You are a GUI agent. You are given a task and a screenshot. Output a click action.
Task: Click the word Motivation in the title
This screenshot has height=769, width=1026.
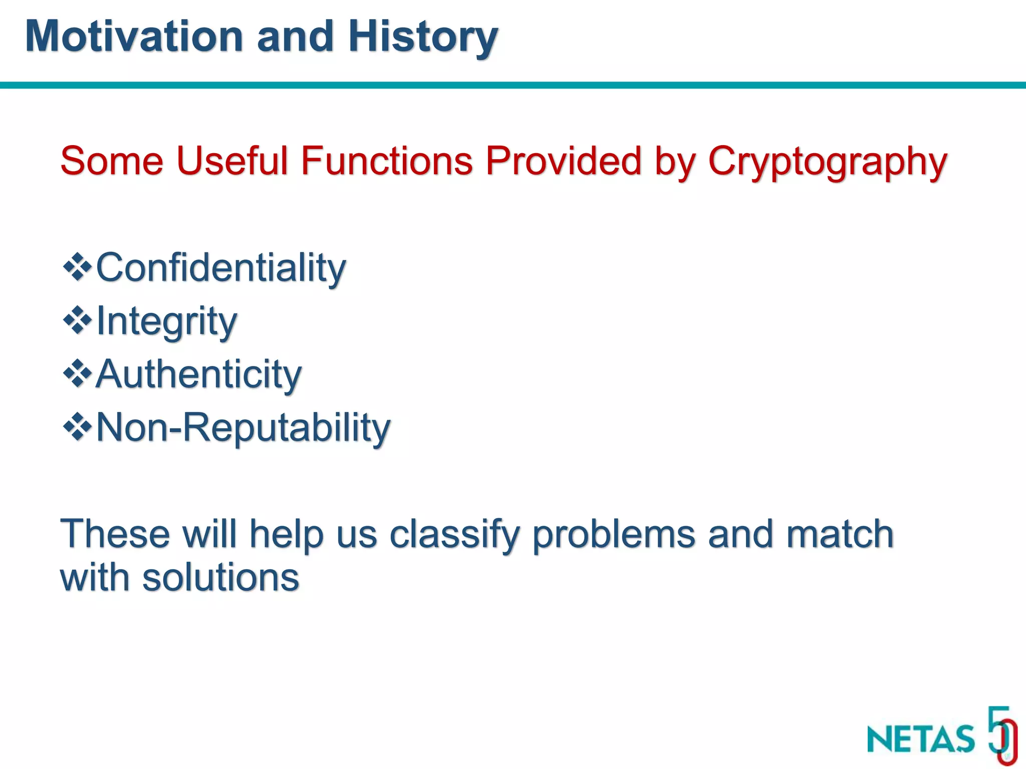pyautogui.click(x=134, y=36)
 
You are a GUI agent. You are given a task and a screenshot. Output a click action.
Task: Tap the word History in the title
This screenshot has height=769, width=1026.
pyautogui.click(x=422, y=36)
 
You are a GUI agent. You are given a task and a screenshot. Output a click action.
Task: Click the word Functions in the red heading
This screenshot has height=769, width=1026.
pyautogui.click(x=386, y=161)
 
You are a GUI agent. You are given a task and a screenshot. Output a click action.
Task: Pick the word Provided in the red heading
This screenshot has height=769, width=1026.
pyautogui.click(x=563, y=161)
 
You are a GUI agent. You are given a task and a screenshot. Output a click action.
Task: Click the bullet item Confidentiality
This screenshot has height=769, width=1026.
pyautogui.click(x=220, y=267)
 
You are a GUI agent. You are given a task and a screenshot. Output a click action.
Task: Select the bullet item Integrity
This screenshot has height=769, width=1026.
pyautogui.click(x=166, y=321)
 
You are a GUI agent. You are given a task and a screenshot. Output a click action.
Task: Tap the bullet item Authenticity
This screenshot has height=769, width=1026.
pyautogui.click(x=198, y=374)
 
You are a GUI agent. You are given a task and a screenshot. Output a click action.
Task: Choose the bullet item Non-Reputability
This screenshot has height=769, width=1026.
pyautogui.click(x=243, y=428)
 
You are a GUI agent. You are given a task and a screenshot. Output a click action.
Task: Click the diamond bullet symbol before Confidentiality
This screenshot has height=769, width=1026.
pyautogui.click(x=77, y=267)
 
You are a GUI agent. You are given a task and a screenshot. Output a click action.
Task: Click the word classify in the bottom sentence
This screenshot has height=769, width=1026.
pyautogui.click(x=454, y=535)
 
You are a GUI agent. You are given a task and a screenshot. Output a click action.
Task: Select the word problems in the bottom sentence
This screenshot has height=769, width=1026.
pyautogui.click(x=613, y=535)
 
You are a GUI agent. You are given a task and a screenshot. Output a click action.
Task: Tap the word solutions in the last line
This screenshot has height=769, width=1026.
pyautogui.click(x=220, y=578)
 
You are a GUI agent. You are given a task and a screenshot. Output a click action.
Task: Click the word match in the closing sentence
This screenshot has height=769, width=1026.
pyautogui.click(x=840, y=534)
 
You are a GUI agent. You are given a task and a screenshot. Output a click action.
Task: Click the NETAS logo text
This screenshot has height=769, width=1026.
pyautogui.click(x=921, y=738)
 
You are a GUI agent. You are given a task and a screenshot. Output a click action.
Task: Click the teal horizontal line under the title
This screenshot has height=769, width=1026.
pyautogui.click(x=513, y=85)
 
